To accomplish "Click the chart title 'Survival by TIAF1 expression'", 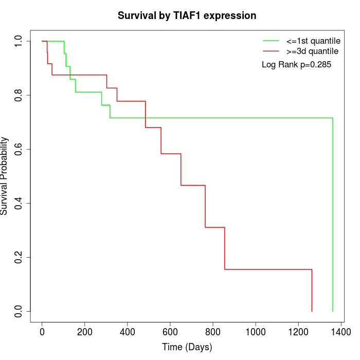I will (187, 15).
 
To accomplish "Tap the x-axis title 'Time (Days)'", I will (187, 347).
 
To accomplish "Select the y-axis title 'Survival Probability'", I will (5, 176).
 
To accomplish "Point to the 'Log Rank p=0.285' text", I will (297, 65).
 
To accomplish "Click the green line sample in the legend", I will (271, 41).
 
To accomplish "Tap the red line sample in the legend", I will (271, 51).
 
